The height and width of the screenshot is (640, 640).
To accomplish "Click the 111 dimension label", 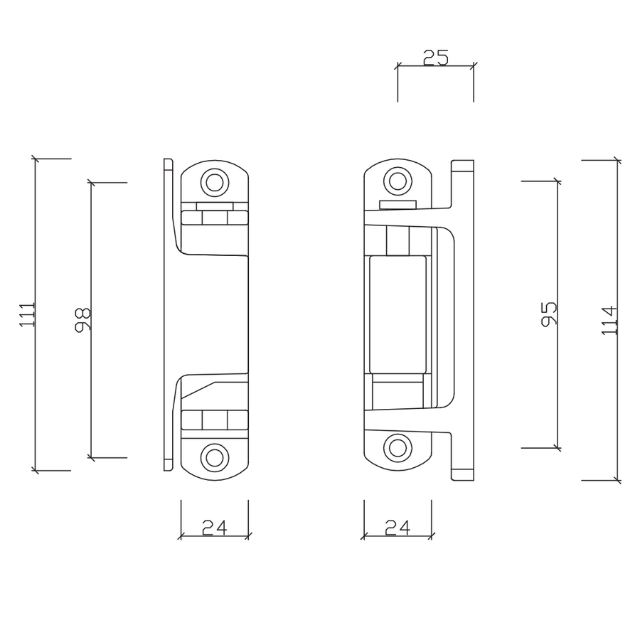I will [28, 314].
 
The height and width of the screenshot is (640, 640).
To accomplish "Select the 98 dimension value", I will [82, 320].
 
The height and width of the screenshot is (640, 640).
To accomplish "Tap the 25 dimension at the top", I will [435, 58].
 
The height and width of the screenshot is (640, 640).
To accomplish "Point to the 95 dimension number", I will [548, 314].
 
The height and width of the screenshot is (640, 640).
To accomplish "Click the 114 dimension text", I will [609, 320].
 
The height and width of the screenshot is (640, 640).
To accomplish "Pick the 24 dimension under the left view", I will [214, 528].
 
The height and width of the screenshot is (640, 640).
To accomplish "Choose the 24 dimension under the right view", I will [398, 528].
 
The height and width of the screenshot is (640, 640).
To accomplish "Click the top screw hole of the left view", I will [213, 182].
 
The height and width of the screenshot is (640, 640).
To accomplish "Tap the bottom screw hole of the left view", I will [213, 457].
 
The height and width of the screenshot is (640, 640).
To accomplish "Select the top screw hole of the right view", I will [398, 181].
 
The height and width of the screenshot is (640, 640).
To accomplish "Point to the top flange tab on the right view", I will [462, 168].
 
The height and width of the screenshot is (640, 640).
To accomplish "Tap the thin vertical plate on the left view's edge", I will [168, 314].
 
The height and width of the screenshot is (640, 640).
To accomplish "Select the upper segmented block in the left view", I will [214, 217].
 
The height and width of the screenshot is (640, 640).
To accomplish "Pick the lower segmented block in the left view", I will [214, 420].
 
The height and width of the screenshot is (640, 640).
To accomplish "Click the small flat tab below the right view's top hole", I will [398, 206].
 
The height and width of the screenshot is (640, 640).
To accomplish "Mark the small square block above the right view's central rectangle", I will [398, 242].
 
